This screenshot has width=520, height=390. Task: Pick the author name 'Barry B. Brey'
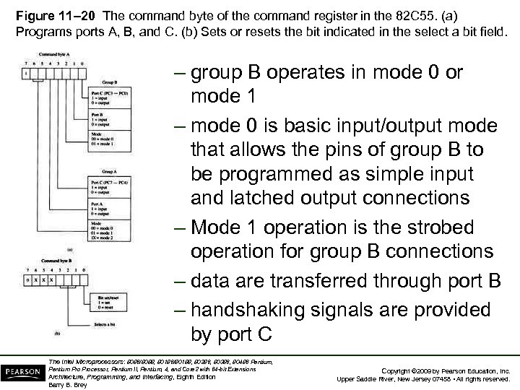click(x=67, y=385)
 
